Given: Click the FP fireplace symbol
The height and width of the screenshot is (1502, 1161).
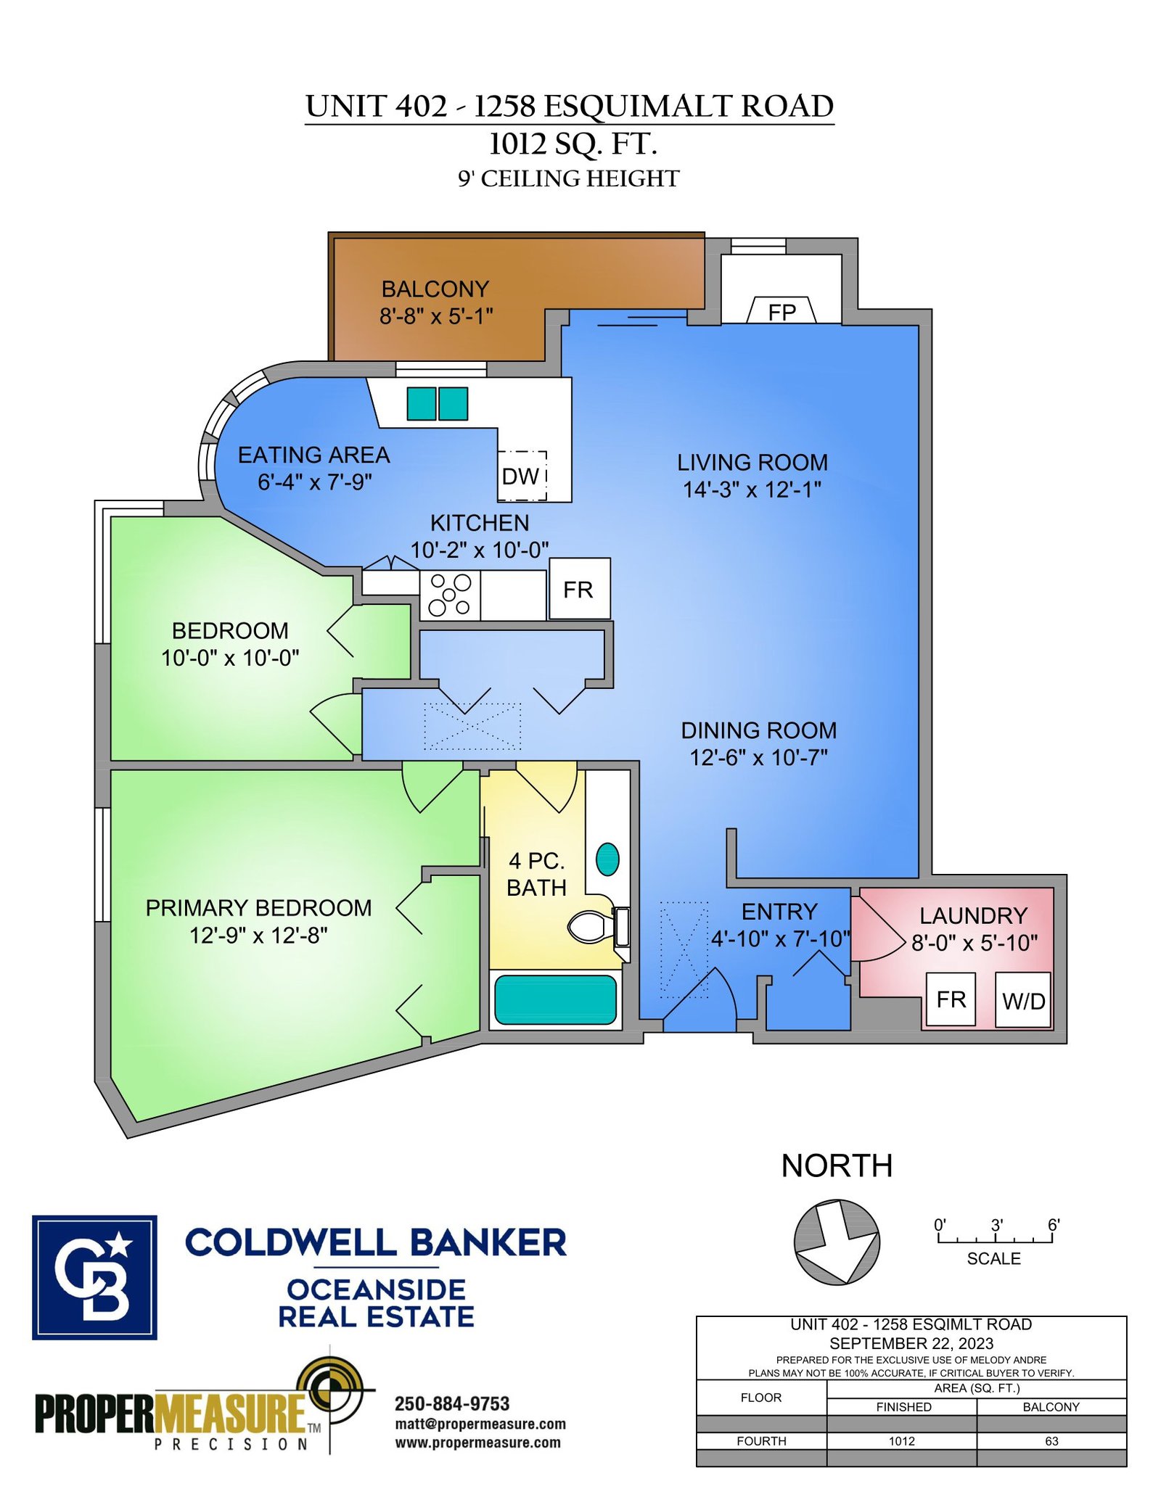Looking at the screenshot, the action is tap(781, 310).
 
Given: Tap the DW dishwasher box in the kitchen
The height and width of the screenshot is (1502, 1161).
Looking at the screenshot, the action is tap(521, 476).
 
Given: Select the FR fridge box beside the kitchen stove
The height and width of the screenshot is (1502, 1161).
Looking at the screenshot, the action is tap(579, 589).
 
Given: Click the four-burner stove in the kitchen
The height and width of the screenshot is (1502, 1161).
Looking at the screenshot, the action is tap(449, 595).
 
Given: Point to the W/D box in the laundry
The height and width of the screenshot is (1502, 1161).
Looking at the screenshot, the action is tap(1022, 1000).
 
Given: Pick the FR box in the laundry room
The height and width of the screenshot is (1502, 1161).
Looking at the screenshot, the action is tap(951, 999).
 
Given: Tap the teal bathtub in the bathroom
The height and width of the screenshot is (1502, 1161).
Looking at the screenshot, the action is tap(555, 999).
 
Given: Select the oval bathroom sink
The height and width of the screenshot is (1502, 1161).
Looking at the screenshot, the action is tap(607, 859).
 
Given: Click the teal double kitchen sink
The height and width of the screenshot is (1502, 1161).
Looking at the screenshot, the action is tap(437, 403).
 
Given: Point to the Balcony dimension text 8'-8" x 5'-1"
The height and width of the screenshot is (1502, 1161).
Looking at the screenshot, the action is tap(436, 316).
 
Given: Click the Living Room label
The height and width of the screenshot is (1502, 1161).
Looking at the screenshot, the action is tap(752, 462).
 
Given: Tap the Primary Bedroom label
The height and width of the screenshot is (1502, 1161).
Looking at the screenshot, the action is tap(258, 908).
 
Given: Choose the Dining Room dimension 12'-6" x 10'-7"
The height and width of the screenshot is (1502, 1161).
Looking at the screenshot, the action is tap(758, 758).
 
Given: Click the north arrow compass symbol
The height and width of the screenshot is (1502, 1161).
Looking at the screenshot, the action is tap(837, 1242).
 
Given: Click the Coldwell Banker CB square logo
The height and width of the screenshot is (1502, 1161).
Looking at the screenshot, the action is tap(94, 1277).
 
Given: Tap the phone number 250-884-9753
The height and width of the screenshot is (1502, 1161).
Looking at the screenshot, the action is tap(451, 1403).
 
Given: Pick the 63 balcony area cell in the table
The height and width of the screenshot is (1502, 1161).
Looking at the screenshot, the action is tap(1051, 1441).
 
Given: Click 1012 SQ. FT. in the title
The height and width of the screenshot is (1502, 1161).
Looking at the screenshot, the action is tap(573, 144).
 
